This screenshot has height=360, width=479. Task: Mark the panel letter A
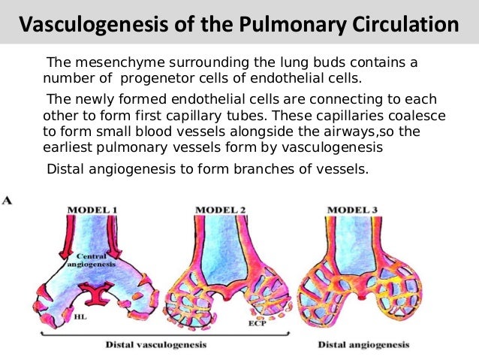[x=7, y=201]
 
